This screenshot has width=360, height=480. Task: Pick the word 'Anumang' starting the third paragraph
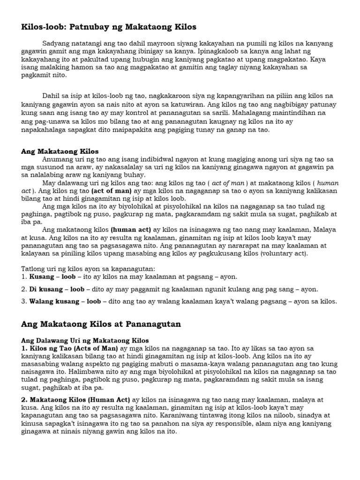58,159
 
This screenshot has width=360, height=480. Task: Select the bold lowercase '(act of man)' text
112,191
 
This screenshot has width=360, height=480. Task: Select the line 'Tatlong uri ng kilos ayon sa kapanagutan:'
88,269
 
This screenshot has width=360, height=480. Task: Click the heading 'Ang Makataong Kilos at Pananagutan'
101,324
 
